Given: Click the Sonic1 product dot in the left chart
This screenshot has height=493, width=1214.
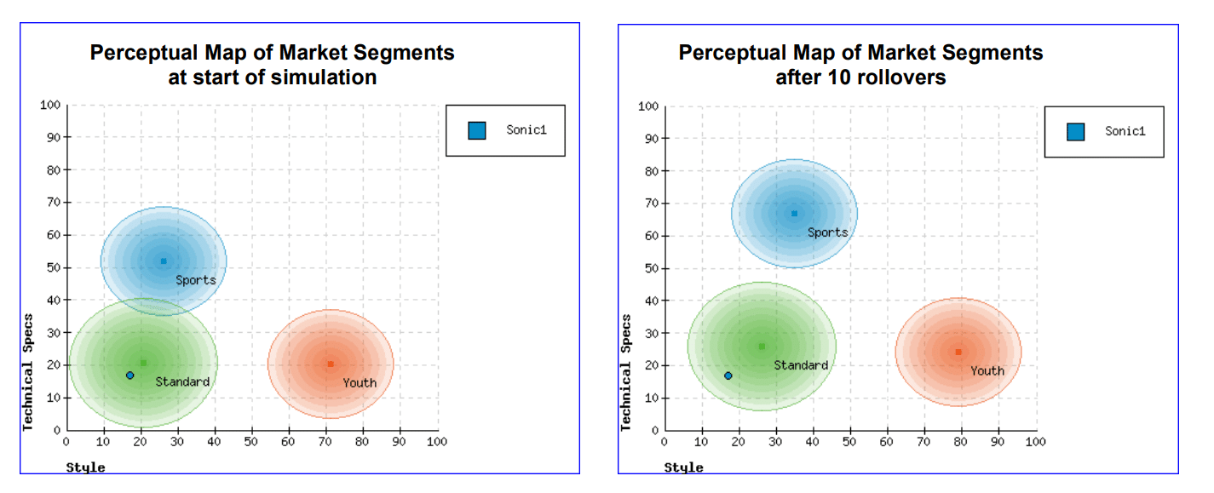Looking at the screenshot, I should [130, 375].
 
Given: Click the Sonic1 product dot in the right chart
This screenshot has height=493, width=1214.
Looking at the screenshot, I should [728, 375].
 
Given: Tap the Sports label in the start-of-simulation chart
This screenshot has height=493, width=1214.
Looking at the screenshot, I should [196, 280].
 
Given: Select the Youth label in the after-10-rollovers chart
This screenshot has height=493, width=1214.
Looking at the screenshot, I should [987, 371].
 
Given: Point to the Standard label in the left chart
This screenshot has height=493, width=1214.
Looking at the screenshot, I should [182, 382].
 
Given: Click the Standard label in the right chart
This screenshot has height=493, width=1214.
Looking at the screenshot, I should [801, 365].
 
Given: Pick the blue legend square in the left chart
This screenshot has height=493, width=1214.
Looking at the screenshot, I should [477, 130].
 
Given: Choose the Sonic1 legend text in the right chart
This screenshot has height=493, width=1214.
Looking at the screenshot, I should [1125, 131].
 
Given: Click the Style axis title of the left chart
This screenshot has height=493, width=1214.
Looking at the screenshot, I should [86, 467].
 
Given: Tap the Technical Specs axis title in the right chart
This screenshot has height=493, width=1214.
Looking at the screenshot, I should [626, 373].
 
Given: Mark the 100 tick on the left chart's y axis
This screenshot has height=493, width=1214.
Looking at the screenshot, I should [50, 106].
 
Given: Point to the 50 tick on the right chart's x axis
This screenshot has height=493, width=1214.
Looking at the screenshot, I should [849, 442].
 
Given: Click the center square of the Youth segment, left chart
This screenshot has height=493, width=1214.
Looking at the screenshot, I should [331, 364].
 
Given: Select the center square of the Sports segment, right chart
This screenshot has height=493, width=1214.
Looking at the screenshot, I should [794, 214].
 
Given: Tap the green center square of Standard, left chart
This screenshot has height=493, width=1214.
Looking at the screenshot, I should [143, 363].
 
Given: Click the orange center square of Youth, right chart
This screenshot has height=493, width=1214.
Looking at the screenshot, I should [958, 352].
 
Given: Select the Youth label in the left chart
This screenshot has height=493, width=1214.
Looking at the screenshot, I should [360, 383].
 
